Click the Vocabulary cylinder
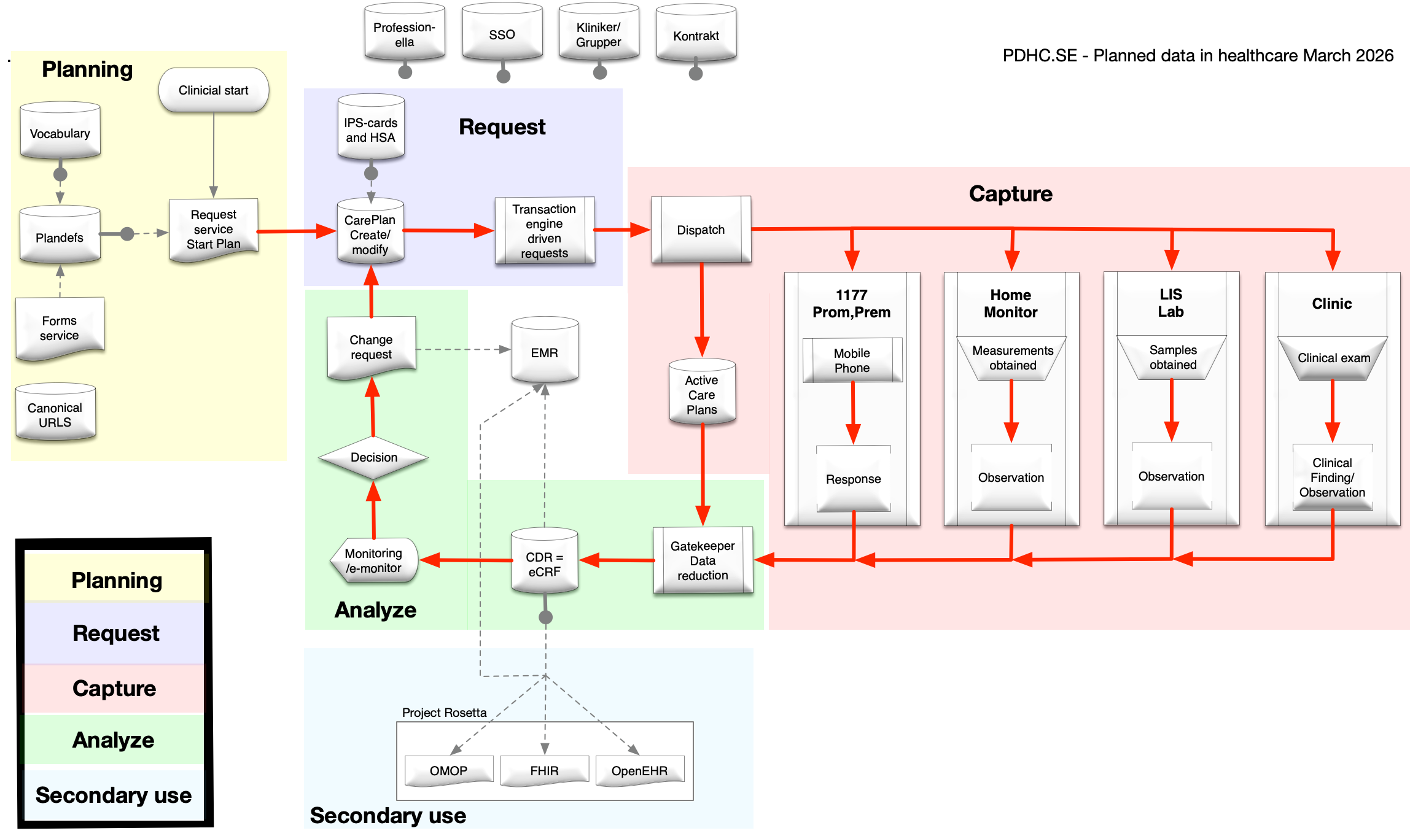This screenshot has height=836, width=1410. tap(60, 132)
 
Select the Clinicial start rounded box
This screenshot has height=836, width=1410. tap(213, 90)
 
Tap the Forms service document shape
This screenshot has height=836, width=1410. tap(60, 328)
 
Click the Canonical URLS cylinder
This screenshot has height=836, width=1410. tap(55, 414)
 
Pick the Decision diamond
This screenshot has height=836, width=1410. tap(373, 457)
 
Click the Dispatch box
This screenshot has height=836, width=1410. tap(701, 230)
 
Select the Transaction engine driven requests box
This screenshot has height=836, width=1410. tap(544, 231)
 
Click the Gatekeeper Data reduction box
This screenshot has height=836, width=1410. tap(703, 560)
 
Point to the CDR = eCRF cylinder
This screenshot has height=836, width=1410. tap(544, 563)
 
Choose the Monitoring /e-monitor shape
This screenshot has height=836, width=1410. tap(373, 560)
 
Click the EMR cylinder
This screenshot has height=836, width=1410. tap(544, 352)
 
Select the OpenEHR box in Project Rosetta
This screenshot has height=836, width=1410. tap(639, 770)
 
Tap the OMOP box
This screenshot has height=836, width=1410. tap(448, 770)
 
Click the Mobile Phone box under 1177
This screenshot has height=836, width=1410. tap(852, 360)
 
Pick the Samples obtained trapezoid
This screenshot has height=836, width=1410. tap(1172, 357)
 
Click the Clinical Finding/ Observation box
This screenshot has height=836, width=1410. tap(1332, 477)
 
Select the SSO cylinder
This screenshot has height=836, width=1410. tap(502, 34)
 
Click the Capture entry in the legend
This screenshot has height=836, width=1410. tap(114, 688)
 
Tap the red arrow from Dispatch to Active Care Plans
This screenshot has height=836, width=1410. tap(702, 307)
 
